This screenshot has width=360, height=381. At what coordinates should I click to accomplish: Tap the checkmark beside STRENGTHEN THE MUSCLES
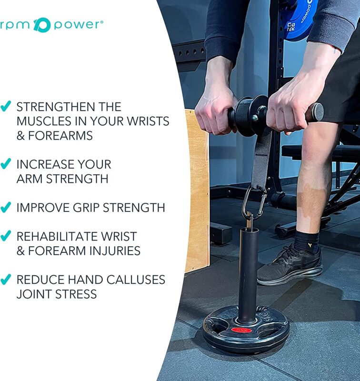6,106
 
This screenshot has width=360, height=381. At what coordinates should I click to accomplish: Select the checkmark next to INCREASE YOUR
6,164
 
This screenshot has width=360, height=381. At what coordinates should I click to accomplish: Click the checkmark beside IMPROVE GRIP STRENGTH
6,207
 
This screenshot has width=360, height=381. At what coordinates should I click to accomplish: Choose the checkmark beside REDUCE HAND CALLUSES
6,279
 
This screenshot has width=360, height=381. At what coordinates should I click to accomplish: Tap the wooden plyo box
196,190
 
